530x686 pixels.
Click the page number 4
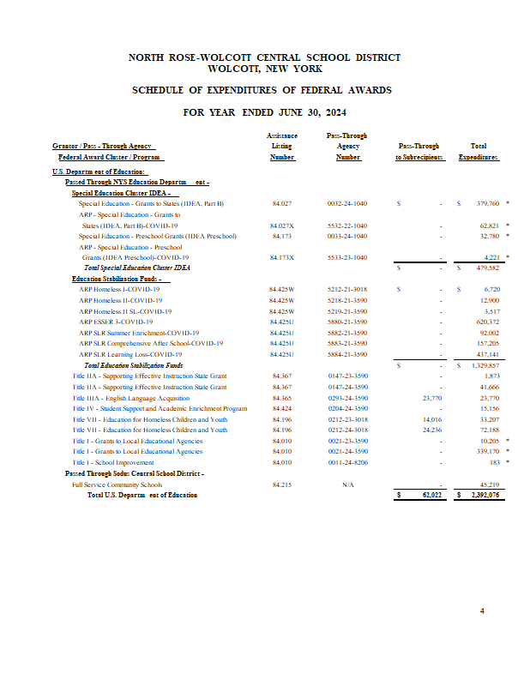pyautogui.click(x=482, y=611)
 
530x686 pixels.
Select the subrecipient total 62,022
pyautogui.click(x=431, y=496)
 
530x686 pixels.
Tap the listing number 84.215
pyautogui.click(x=281, y=484)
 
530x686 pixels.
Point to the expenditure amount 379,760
pyautogui.click(x=488, y=203)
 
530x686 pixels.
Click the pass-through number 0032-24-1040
pyautogui.click(x=347, y=203)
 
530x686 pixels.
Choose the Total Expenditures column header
pyautogui.click(x=479, y=152)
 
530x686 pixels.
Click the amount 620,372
pyautogui.click(x=488, y=322)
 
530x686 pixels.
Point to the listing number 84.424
pyautogui.click(x=281, y=409)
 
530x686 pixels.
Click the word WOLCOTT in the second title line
pyautogui.click(x=226, y=69)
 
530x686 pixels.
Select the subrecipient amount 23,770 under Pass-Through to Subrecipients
pyautogui.click(x=432, y=398)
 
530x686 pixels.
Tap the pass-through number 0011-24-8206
pyautogui.click(x=347, y=463)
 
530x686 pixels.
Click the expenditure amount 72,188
pyautogui.click(x=490, y=430)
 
